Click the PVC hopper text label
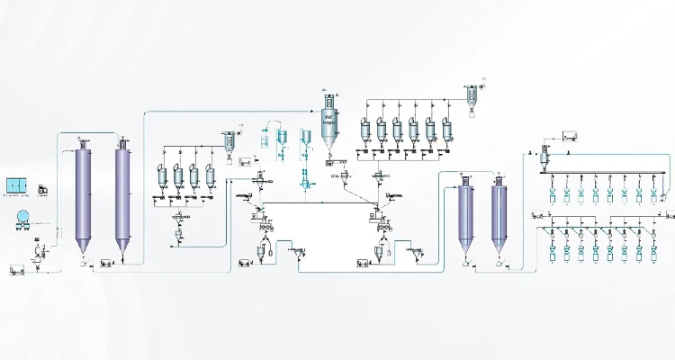point(329,118)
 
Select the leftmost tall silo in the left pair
point(84,193)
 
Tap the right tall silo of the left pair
point(123,193)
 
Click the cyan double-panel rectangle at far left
point(18,185)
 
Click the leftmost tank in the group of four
point(162,175)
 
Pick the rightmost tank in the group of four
point(211,175)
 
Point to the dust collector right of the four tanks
point(230,141)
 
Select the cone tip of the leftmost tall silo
point(84,253)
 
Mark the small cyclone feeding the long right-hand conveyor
point(543,157)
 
